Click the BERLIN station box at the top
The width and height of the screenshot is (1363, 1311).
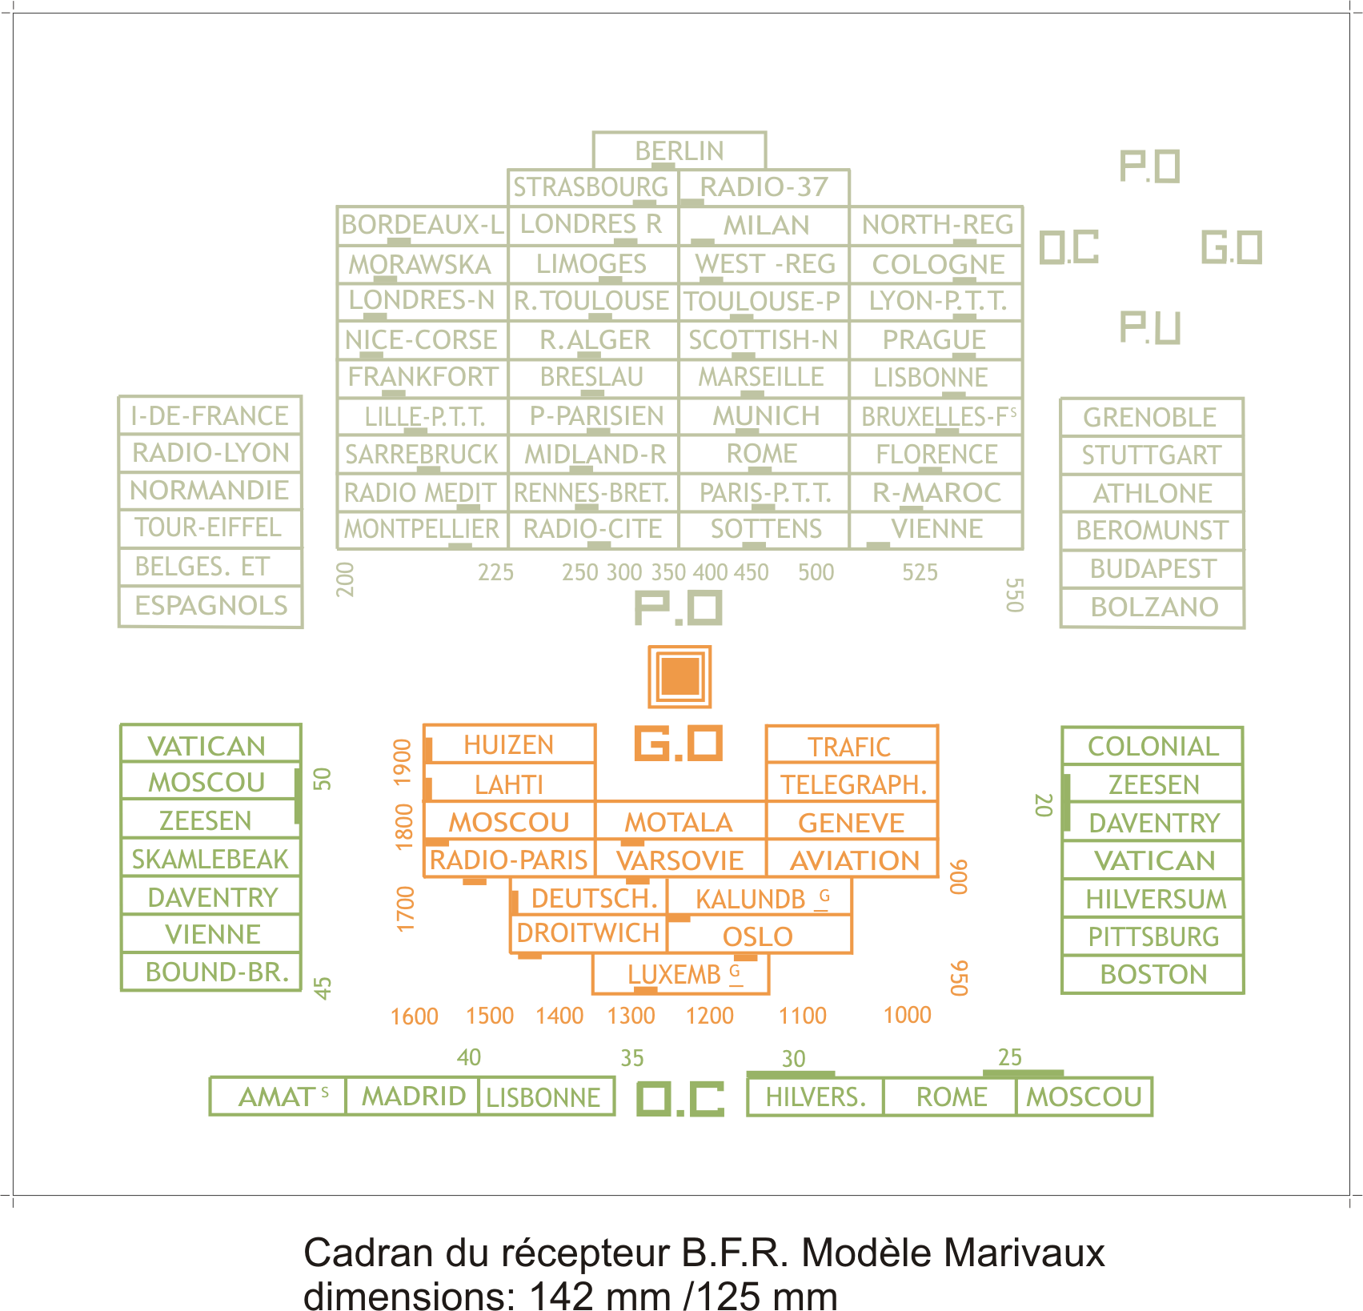[x=679, y=150]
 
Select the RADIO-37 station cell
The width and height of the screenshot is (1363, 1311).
[x=764, y=187]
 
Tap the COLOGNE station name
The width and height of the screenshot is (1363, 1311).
[x=937, y=264]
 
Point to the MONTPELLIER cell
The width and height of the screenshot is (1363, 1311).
[x=422, y=529]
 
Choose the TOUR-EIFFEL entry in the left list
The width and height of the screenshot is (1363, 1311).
[x=209, y=527]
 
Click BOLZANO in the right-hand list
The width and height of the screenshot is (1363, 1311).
[x=1153, y=607]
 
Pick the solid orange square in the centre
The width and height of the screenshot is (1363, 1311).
[x=679, y=676]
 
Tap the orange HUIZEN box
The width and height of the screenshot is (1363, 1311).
[x=509, y=745]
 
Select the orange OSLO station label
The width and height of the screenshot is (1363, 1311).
[x=757, y=936]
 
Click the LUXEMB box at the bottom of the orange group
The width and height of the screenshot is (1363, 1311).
[x=680, y=975]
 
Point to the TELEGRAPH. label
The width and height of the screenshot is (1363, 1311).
[x=853, y=785]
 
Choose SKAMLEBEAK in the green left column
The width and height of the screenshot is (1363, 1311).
[x=210, y=859]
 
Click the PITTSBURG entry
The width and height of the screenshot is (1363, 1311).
[x=1153, y=936]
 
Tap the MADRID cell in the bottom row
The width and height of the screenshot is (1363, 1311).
[x=414, y=1097]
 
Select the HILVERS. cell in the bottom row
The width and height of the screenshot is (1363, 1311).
[x=816, y=1097]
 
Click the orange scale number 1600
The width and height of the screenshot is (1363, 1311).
[x=414, y=1016]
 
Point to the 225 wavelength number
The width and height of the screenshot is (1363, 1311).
[x=495, y=573]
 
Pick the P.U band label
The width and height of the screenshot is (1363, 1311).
[x=1149, y=328]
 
